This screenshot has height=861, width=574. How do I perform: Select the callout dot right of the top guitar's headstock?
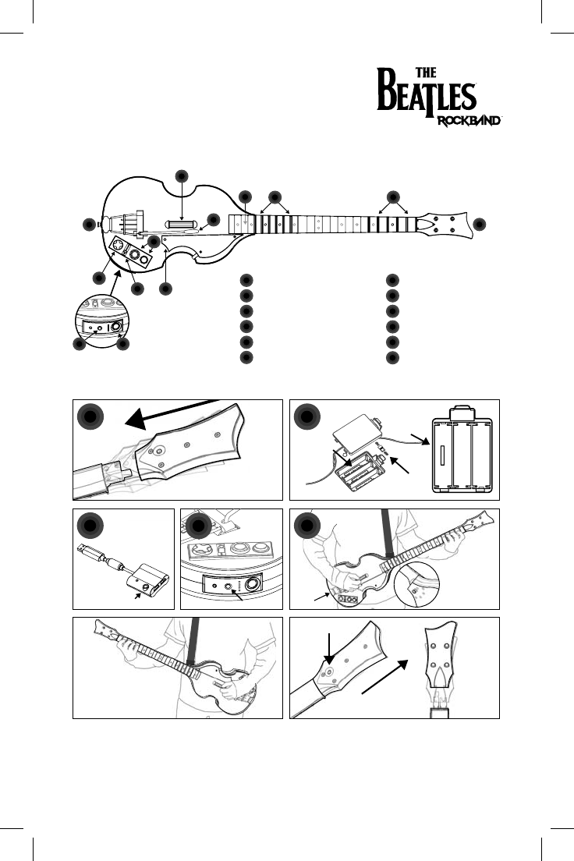point(479,224)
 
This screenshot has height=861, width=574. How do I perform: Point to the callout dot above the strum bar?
point(182,175)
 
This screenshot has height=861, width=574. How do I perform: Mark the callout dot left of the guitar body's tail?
point(89,225)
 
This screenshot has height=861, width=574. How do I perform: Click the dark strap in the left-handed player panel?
point(194,639)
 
